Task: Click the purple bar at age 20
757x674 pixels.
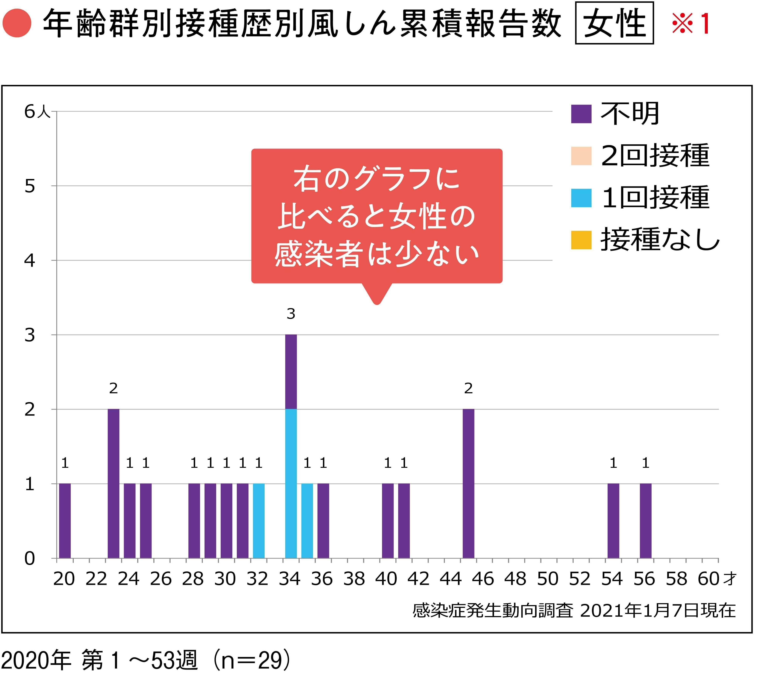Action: coord(65,521)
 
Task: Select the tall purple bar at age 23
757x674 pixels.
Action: coord(113,483)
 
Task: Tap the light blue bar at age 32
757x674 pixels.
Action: coord(259,521)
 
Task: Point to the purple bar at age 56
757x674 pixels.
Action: coord(646,521)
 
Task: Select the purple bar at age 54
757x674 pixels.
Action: coord(613,521)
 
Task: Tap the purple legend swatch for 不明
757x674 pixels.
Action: coord(581,114)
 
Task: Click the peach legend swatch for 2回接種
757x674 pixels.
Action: coord(581,156)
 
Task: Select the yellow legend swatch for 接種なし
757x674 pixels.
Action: coord(581,240)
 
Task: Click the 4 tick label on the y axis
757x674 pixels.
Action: coord(30,260)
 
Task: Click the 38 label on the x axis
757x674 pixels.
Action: coord(354,579)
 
